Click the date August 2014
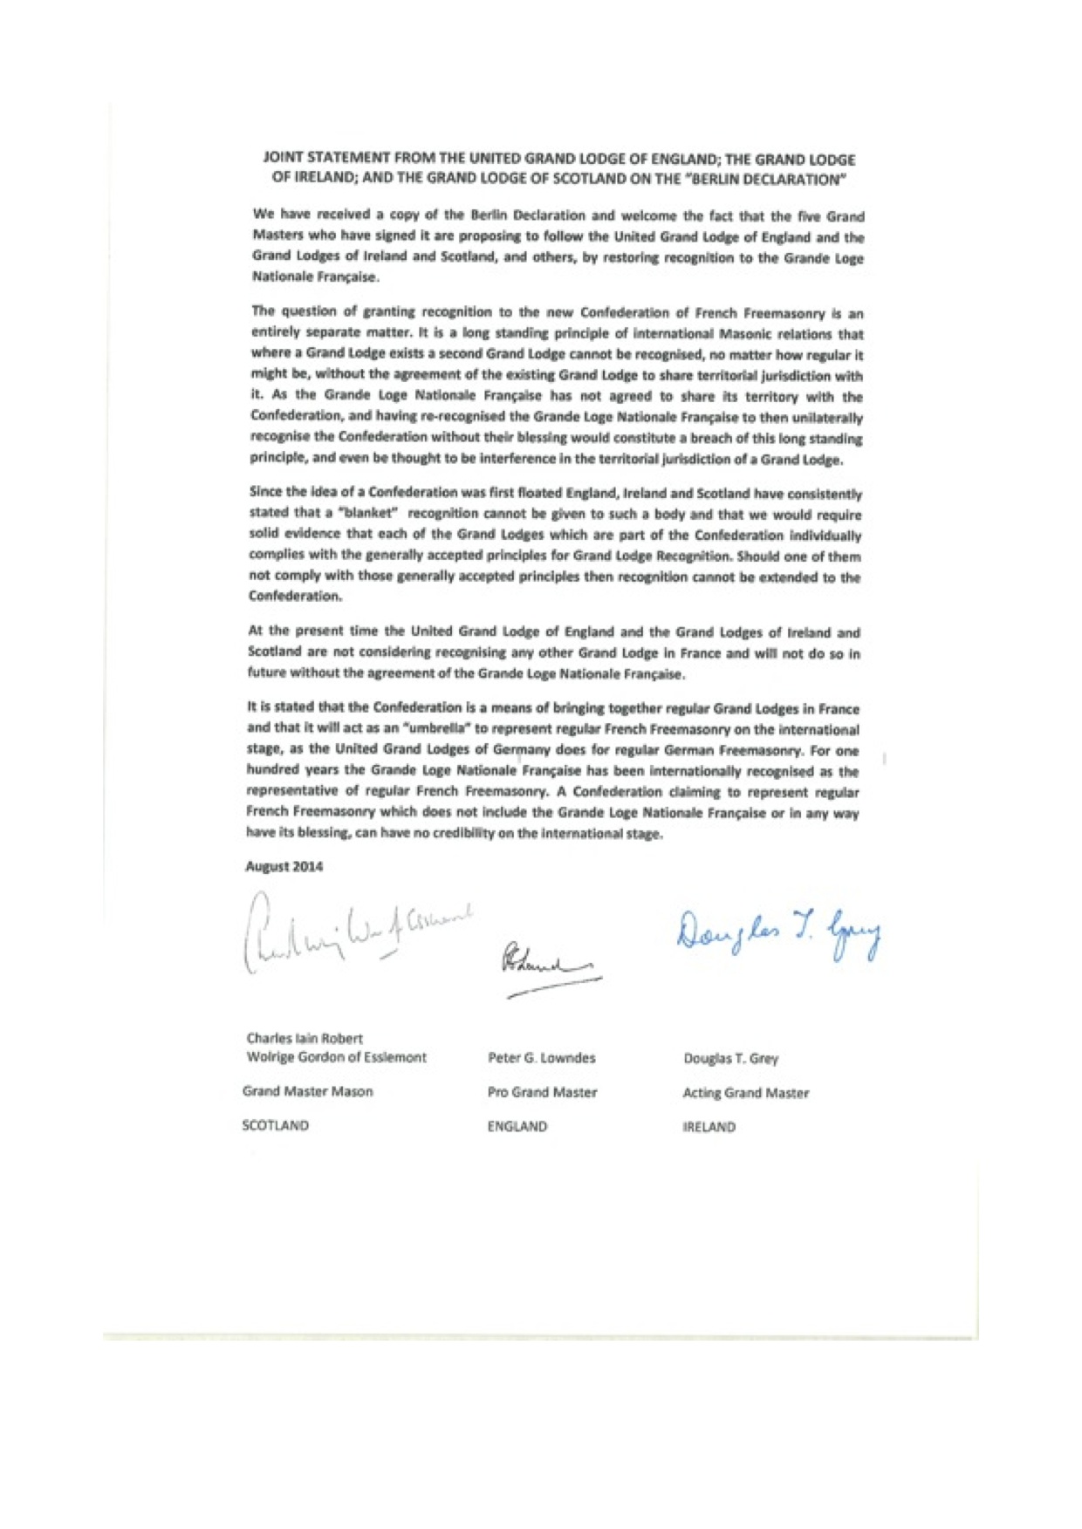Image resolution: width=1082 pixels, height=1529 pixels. (284, 866)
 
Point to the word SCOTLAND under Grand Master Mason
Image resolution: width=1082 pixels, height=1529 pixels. (276, 1125)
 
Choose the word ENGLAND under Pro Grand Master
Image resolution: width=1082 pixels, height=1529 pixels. (517, 1126)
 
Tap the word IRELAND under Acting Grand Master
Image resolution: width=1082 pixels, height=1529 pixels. (709, 1127)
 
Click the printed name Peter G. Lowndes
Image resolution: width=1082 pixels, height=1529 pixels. (542, 1058)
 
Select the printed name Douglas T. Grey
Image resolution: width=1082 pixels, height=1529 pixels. (730, 1059)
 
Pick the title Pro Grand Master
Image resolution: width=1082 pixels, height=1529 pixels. (542, 1092)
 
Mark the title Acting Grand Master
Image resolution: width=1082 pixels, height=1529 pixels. (745, 1093)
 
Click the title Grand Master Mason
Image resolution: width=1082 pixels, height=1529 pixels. (307, 1091)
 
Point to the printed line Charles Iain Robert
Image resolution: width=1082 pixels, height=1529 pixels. (305, 1038)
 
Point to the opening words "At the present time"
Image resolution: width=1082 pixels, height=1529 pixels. (315, 631)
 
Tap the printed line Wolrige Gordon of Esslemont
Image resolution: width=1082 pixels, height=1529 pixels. (337, 1057)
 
